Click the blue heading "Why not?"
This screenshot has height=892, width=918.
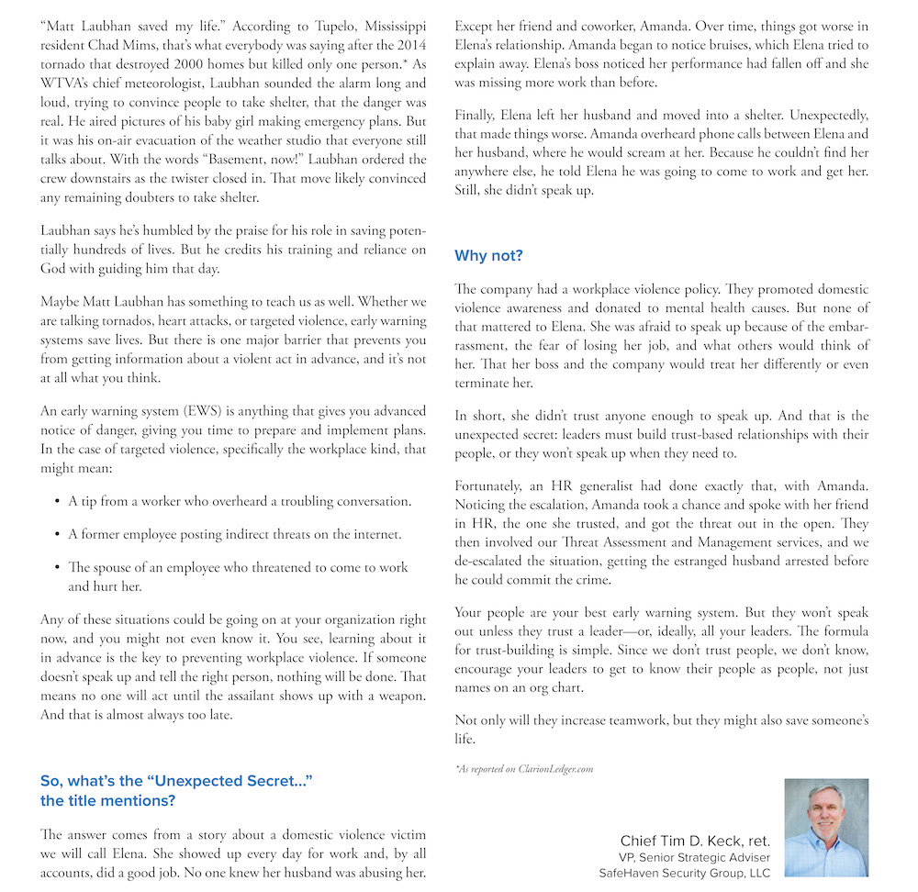488,255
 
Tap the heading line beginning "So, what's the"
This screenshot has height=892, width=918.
176,780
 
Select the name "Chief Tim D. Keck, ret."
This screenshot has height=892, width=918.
695,841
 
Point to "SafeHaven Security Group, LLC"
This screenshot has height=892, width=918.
684,873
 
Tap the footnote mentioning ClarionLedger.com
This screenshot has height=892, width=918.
524,768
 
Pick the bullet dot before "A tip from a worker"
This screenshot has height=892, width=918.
55,501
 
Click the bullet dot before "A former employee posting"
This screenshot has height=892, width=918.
55,534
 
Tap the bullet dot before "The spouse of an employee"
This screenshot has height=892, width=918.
55,567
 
